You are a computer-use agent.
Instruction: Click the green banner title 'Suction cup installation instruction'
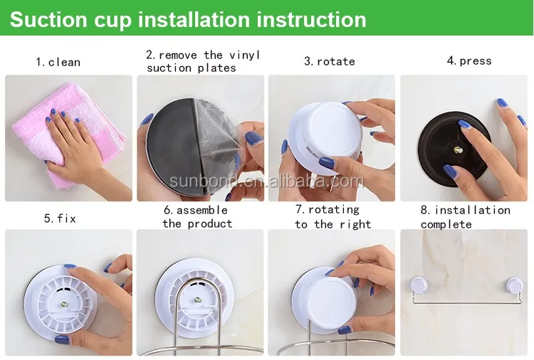(188, 19)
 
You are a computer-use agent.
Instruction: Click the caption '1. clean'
(58, 63)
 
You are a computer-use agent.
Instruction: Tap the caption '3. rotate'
(330, 62)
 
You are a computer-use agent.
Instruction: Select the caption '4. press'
(469, 61)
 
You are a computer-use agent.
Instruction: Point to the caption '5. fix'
(60, 218)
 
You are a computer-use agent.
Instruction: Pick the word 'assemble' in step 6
(201, 211)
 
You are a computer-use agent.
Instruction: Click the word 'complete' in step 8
(446, 225)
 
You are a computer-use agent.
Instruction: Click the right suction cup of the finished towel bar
(514, 285)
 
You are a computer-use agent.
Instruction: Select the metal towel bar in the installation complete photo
(466, 302)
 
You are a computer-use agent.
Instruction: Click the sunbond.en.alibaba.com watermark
(267, 181)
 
